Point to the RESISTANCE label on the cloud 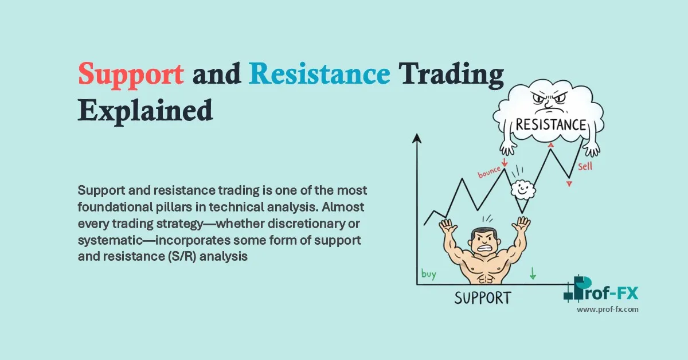click(x=550, y=125)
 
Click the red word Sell click(x=585, y=167)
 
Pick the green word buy click(x=428, y=274)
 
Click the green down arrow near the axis click(x=533, y=274)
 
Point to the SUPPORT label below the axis click(x=482, y=298)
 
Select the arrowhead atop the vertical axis click(x=417, y=138)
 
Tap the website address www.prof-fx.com click(x=607, y=310)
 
